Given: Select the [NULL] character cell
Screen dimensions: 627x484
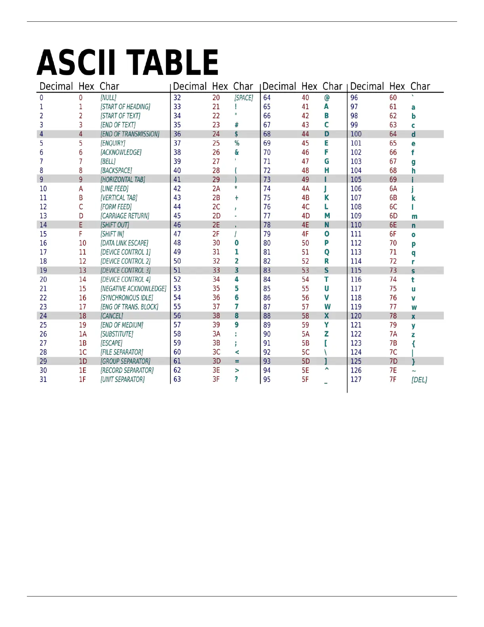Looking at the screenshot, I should [x=108, y=98].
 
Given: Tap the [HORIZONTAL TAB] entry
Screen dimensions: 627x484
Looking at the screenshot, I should [x=123, y=180].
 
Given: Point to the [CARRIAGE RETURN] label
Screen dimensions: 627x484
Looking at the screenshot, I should [x=125, y=216].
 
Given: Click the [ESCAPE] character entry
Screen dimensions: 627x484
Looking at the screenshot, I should [x=111, y=343].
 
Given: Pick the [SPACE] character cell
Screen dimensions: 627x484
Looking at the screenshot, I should [x=244, y=98].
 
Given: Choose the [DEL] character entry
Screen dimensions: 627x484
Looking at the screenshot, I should [x=419, y=380].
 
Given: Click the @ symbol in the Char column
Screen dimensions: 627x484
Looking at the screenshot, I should [x=327, y=98].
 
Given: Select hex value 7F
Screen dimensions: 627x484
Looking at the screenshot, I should [x=393, y=380].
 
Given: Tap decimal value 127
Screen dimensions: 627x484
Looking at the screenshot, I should [x=356, y=380].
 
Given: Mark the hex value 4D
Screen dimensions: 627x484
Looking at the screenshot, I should [x=306, y=216].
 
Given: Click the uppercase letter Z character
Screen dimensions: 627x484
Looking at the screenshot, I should [x=326, y=334].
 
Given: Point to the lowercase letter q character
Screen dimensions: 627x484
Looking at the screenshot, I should [x=413, y=253].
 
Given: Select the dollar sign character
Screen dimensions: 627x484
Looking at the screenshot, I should [x=236, y=134].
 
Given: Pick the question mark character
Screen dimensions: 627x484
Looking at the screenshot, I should [x=236, y=380].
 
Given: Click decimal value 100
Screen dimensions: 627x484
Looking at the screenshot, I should [x=356, y=134].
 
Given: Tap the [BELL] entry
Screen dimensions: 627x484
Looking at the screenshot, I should [x=108, y=161].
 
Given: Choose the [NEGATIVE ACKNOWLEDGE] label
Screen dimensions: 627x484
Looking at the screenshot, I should [x=133, y=289].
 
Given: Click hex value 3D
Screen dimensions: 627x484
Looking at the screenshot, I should [x=216, y=361].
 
